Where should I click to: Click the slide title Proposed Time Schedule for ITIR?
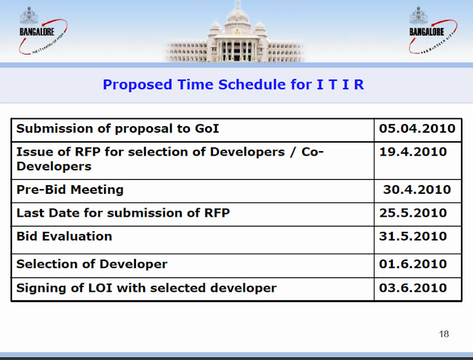click(x=233, y=85)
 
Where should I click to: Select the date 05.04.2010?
click(x=417, y=128)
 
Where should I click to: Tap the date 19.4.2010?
click(x=413, y=152)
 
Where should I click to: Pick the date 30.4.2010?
click(x=417, y=190)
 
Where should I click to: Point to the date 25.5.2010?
click(x=413, y=213)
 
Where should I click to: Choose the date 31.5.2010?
click(x=413, y=236)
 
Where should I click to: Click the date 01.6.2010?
click(x=413, y=264)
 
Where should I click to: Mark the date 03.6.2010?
click(x=413, y=288)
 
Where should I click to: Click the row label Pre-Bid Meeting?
click(x=70, y=190)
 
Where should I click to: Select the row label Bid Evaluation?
click(x=64, y=236)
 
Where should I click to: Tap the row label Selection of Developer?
click(x=92, y=264)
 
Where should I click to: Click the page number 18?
click(x=443, y=334)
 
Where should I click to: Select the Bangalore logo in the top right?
click(x=430, y=30)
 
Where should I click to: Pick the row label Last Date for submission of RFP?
click(x=123, y=213)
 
